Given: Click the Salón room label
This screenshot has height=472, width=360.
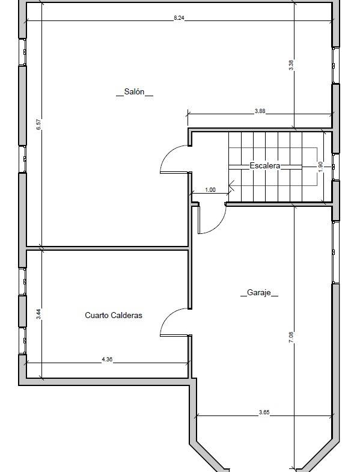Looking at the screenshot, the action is coord(134,91).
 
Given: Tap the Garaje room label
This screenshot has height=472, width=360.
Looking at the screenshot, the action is coord(259,292).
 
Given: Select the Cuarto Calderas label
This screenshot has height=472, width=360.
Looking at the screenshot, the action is coord(114,315).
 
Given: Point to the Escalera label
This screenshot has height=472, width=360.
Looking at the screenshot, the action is coord(265,165).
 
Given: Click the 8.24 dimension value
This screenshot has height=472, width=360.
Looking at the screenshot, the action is coord(178,18).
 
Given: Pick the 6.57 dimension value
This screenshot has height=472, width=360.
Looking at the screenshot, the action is coord(38,124).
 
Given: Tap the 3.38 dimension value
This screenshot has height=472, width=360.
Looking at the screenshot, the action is coord(291,66).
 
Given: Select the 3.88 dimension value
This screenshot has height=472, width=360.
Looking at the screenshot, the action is coord(260,111).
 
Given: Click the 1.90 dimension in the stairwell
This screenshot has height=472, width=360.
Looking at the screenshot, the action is coord(320,167).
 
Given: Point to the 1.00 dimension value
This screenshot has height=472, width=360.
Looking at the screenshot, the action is coord(210,190).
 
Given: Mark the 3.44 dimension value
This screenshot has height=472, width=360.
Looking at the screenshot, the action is coord(38,314).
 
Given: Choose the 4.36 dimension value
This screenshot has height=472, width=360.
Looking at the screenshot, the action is coord(107,359).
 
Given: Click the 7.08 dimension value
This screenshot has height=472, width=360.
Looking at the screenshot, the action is coord(291,337).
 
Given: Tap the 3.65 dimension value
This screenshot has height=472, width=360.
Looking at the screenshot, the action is coord(264,412).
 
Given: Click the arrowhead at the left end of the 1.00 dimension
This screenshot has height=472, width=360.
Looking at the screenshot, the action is coord(191,193).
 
